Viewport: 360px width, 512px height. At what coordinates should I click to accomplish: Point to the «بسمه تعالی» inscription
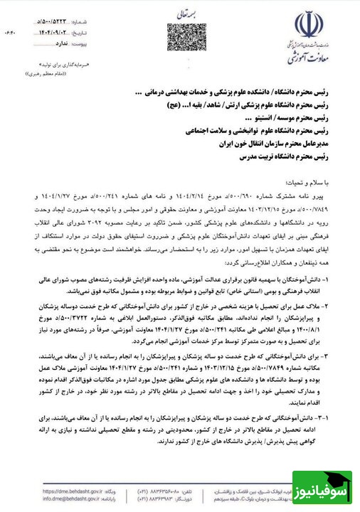181,14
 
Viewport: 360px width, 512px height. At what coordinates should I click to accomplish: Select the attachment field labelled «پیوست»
72,33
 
